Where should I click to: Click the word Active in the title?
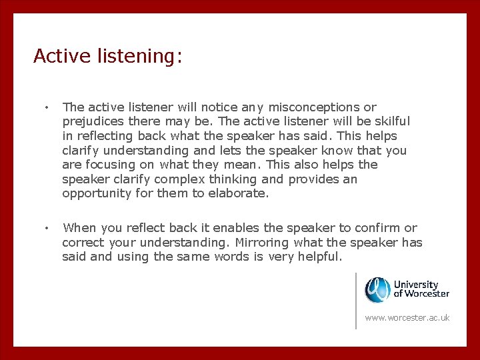point(57,56)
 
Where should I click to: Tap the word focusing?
point(116,165)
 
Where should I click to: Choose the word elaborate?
point(237,194)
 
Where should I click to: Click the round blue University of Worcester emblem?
point(377,289)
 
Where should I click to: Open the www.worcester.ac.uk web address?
point(407,318)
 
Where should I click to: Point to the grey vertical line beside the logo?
point(356,300)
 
